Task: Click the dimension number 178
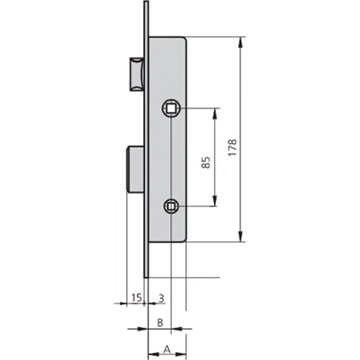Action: point(232,148)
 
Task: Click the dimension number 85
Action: point(206,163)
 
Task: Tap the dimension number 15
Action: point(137,298)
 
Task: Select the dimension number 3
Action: point(162,298)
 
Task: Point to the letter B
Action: point(160,323)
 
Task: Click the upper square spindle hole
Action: point(171,108)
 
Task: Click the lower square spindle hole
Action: point(171,206)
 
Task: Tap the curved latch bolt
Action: point(137,74)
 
